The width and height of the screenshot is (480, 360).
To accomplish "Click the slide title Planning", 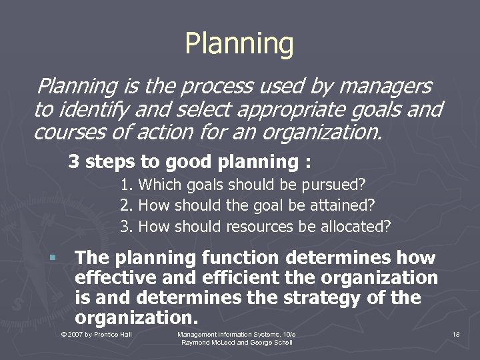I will pyautogui.click(x=239, y=43).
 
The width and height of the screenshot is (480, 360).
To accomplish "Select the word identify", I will pyautogui.click(x=89, y=109).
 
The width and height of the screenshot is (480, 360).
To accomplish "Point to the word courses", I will pyautogui.click(x=66, y=132).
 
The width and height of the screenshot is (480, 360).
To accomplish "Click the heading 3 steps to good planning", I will pyautogui.click(x=190, y=161).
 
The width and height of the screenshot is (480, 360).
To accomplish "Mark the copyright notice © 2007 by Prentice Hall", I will pyautogui.click(x=96, y=333).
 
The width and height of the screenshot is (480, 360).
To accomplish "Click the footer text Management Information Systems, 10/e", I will pyautogui.click(x=237, y=333).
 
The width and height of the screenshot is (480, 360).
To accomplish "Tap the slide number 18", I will pyautogui.click(x=455, y=333).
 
